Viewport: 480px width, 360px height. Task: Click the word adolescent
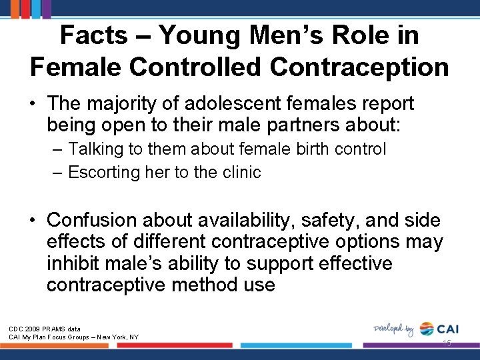[245, 104]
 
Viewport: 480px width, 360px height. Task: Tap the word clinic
[238, 172]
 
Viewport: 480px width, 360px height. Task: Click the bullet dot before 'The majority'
[33, 105]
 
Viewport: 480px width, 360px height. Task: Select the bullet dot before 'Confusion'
[33, 220]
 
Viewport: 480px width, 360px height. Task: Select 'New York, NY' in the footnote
[117, 337]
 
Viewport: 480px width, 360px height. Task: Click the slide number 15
[446, 343]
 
